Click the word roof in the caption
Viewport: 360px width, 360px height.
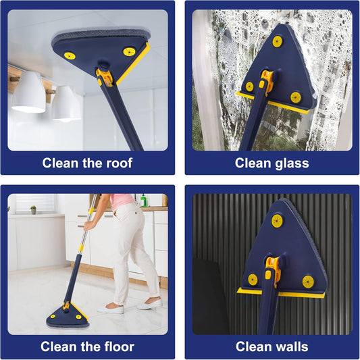[x=118, y=163]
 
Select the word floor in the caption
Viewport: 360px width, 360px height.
[x=116, y=347]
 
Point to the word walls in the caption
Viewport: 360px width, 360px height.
[x=292, y=347]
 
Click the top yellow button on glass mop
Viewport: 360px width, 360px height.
[x=277, y=41]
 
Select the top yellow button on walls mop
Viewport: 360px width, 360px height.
[x=277, y=220]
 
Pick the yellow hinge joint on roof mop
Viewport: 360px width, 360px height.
[x=104, y=75]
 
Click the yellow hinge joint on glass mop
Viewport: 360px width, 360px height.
[x=266, y=80]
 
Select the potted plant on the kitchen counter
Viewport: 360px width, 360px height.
[x=32, y=210]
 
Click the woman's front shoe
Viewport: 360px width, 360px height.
[x=111, y=309]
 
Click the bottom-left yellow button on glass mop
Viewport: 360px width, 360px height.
[x=250, y=86]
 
